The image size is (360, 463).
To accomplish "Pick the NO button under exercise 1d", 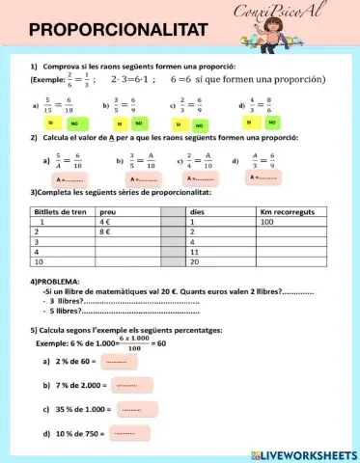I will (x=270, y=122).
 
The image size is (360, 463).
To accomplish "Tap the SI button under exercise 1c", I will (x=179, y=124).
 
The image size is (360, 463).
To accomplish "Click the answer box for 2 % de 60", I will (x=116, y=363).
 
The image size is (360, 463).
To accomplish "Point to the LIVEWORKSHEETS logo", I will (x=304, y=453).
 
